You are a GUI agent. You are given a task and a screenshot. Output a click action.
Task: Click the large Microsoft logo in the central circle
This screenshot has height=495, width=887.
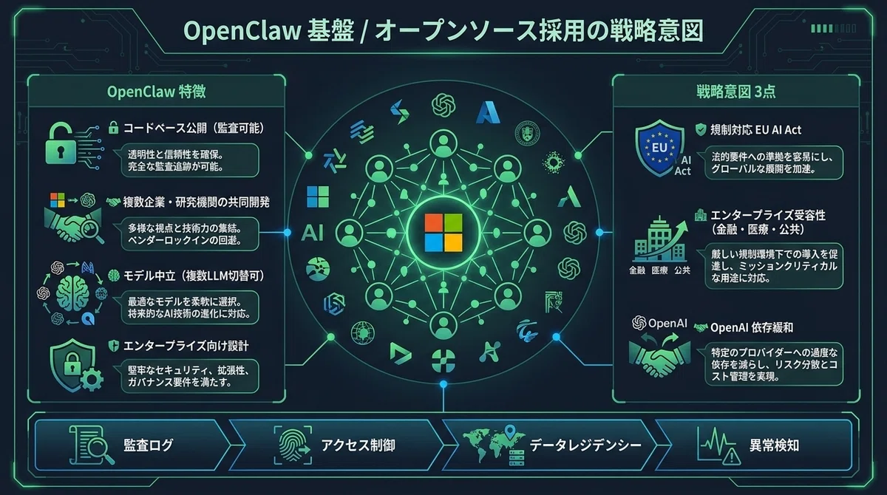pyautogui.click(x=443, y=233)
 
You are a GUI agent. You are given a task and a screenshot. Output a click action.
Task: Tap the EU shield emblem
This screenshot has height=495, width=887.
pyautogui.click(x=659, y=148)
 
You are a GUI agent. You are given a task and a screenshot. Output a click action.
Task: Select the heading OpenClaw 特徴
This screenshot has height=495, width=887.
pyautogui.click(x=157, y=92)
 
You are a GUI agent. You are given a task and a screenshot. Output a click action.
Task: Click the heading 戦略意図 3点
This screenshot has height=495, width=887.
pyautogui.click(x=735, y=92)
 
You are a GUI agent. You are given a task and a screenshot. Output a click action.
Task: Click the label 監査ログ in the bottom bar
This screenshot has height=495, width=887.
pyautogui.click(x=149, y=445)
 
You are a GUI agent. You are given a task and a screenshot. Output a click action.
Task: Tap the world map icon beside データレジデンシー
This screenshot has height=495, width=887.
pyautogui.click(x=494, y=445)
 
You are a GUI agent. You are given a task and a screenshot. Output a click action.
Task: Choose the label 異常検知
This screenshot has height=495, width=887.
pyautogui.click(x=774, y=445)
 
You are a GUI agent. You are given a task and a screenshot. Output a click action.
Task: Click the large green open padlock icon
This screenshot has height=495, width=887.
pyautogui.click(x=61, y=143)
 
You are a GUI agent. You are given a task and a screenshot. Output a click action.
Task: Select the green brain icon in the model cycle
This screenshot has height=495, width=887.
pyautogui.click(x=72, y=292)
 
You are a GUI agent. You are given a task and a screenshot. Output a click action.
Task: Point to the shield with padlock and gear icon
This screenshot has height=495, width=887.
pyautogui.click(x=76, y=365)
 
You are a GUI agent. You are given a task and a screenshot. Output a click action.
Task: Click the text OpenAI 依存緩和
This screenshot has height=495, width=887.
pyautogui.click(x=752, y=327)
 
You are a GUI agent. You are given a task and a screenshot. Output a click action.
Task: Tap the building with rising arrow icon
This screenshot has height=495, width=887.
pyautogui.click(x=659, y=239)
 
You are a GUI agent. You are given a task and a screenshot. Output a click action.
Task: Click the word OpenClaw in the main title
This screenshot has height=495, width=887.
pyautogui.click(x=242, y=31)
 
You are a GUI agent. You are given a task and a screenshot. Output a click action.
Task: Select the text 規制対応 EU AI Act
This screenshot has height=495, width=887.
pyautogui.click(x=755, y=130)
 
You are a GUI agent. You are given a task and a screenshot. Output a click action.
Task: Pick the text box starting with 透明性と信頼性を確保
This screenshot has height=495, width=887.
pyautogui.click(x=190, y=160)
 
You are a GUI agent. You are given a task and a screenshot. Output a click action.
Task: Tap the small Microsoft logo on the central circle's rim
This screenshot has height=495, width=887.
pyautogui.click(x=318, y=197)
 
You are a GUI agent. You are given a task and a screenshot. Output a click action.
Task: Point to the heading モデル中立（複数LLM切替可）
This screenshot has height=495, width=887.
pyautogui.click(x=194, y=276)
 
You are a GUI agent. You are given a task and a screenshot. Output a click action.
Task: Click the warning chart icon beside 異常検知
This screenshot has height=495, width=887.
pyautogui.click(x=718, y=445)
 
